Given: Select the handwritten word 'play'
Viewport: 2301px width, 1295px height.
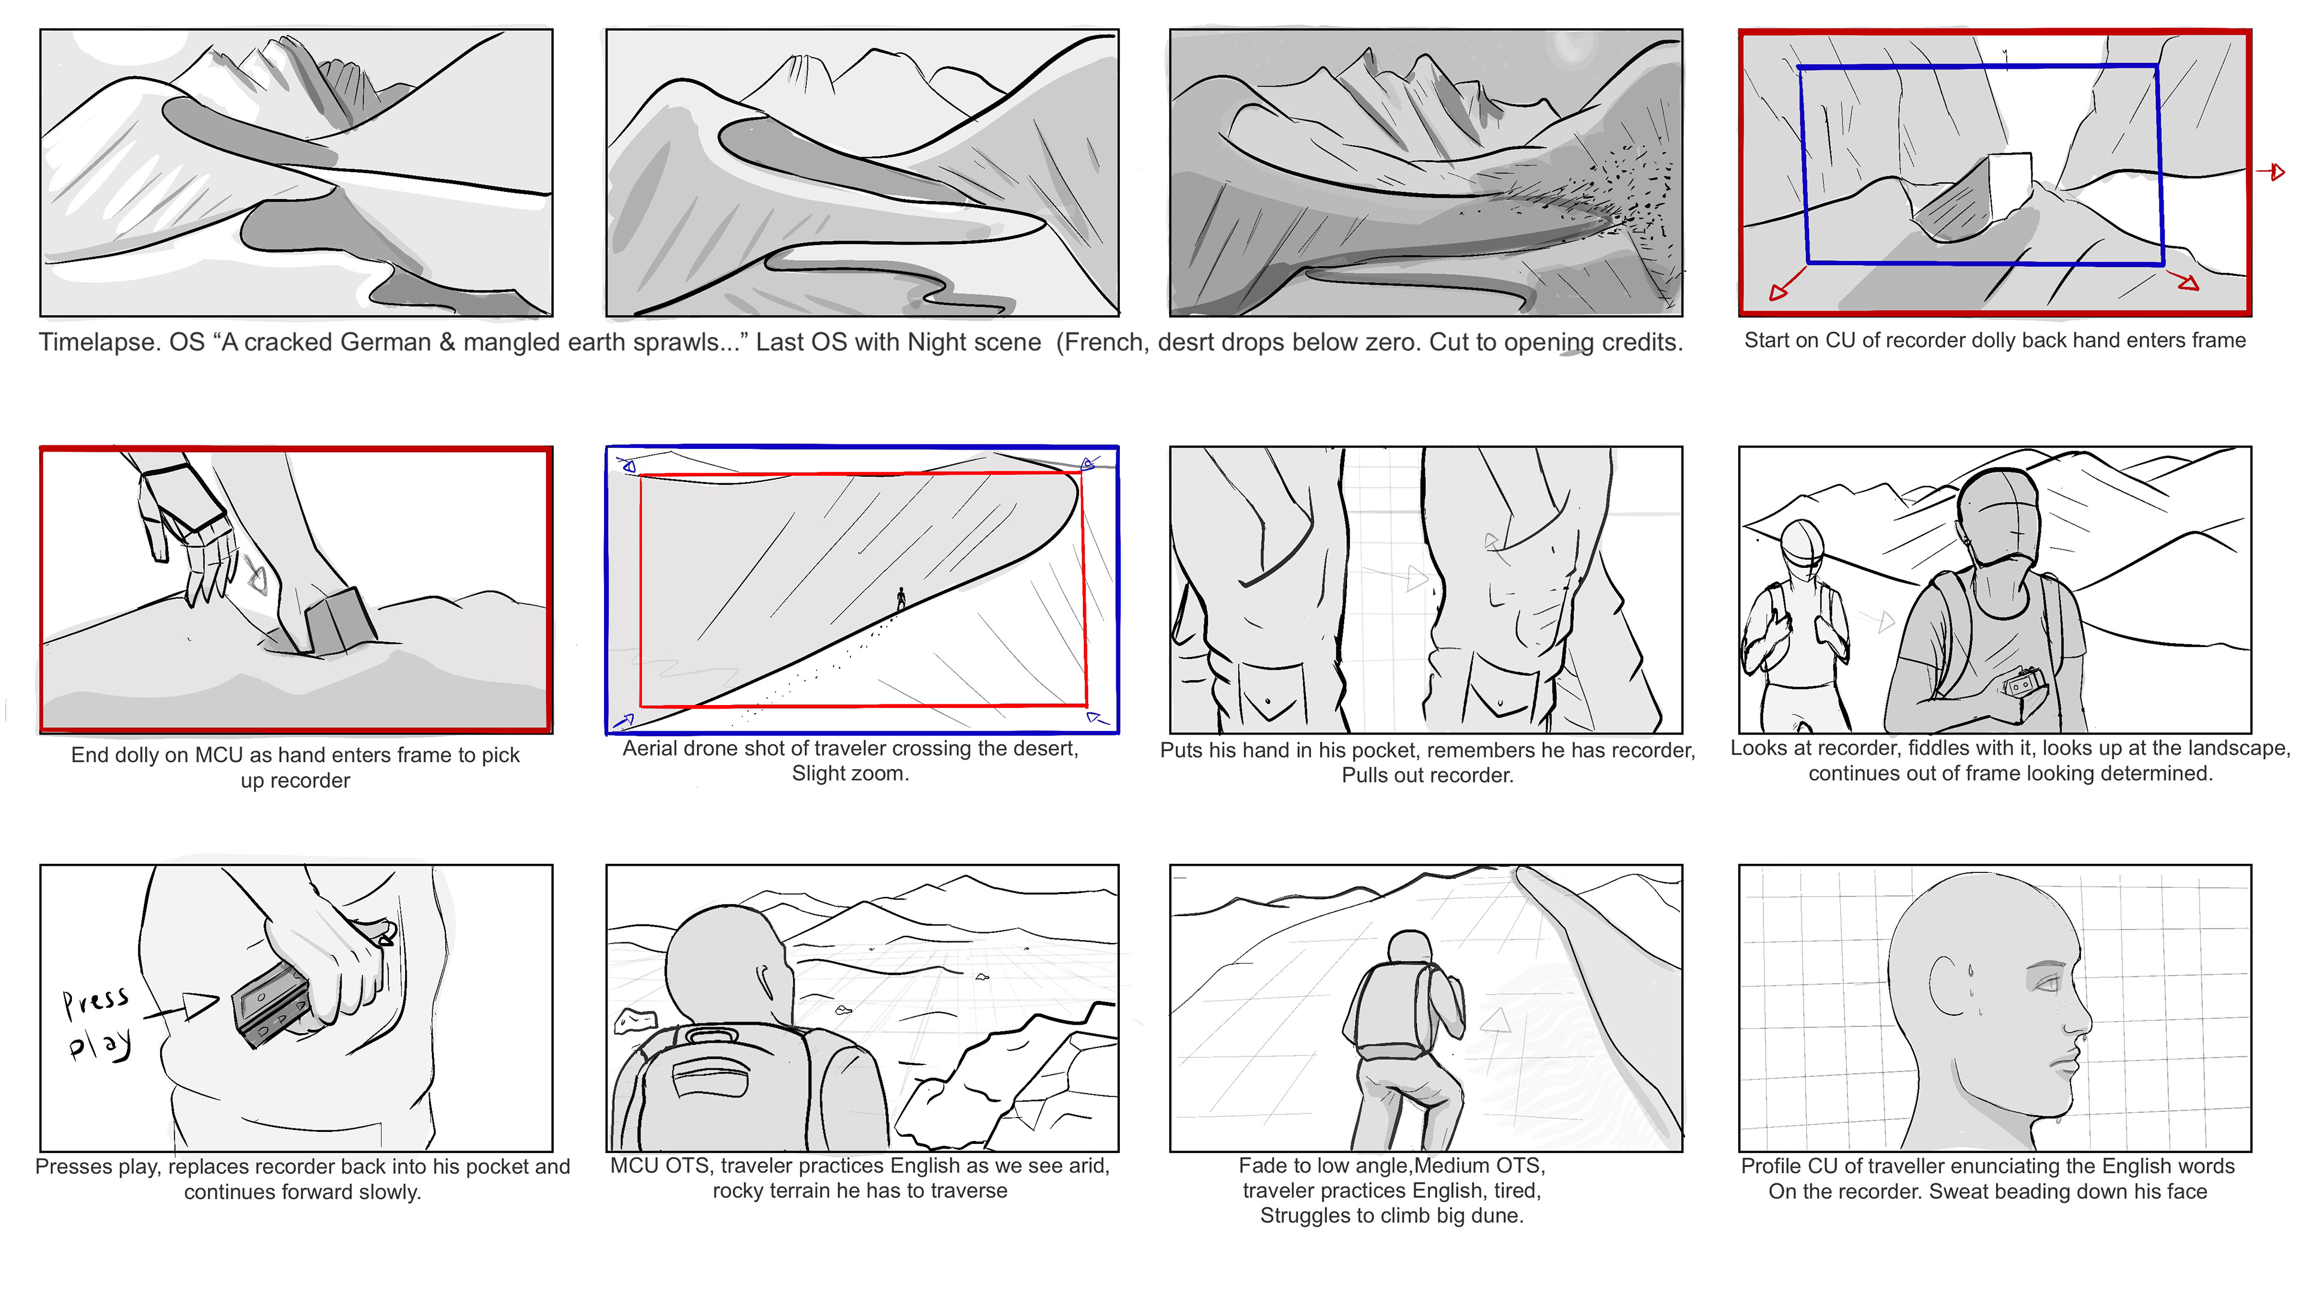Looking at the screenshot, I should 101,1044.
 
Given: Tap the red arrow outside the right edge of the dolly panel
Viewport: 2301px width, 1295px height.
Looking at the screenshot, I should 2272,171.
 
